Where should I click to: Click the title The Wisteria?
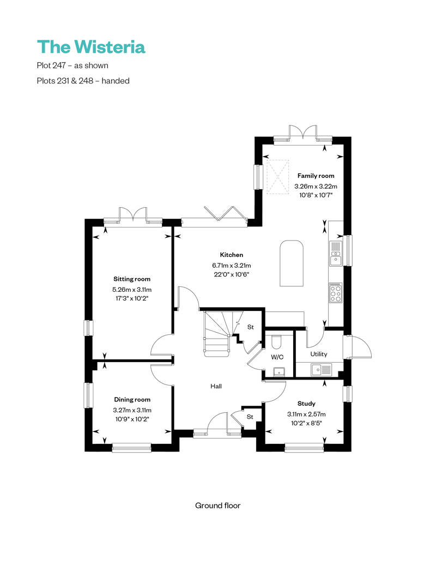(91, 47)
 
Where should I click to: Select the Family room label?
(316, 176)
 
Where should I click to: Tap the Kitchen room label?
(231, 255)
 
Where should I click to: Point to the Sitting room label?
(132, 279)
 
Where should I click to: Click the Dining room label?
(132, 399)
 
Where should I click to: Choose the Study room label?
(306, 404)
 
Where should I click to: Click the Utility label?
(319, 354)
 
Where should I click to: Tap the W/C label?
(277, 357)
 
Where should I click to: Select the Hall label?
(216, 386)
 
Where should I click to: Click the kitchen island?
(292, 263)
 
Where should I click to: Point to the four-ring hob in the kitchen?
(335, 293)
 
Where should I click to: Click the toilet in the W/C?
(276, 341)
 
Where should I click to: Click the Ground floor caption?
(217, 506)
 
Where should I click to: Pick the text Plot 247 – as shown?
(72, 65)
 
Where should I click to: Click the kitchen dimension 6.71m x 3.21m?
(231, 266)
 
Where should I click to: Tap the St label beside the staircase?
(251, 327)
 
